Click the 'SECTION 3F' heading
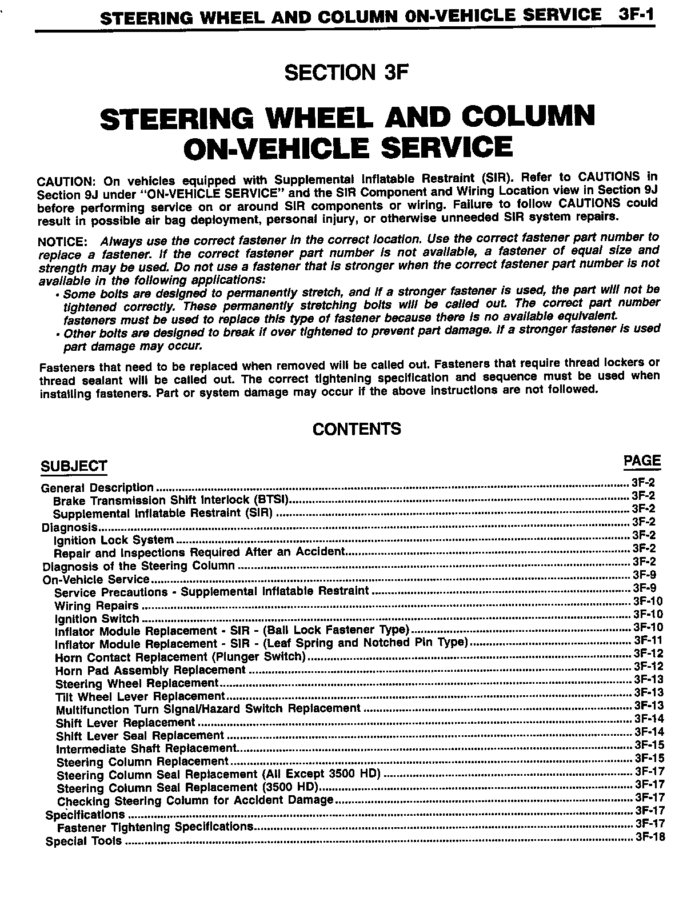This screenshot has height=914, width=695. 347,73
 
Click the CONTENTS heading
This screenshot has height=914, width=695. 357,429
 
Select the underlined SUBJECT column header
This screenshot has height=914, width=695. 74,466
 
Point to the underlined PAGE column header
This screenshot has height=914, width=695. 642,461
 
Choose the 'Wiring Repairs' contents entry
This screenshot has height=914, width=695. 97,606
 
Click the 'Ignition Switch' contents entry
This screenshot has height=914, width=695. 97,619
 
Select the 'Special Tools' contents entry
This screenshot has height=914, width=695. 83,841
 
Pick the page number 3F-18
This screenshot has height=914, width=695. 650,837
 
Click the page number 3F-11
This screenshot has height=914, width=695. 648,640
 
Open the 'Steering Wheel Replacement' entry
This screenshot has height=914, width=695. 137,683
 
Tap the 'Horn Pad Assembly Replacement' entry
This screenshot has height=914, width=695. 150,670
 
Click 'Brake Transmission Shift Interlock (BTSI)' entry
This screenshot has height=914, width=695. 171,500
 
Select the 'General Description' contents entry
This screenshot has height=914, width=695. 97,488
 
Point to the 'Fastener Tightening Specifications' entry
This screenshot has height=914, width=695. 155,827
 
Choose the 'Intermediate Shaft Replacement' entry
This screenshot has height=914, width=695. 146,748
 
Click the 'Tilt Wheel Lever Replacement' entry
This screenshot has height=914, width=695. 141,696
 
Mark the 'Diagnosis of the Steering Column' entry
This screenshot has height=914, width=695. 139,566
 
